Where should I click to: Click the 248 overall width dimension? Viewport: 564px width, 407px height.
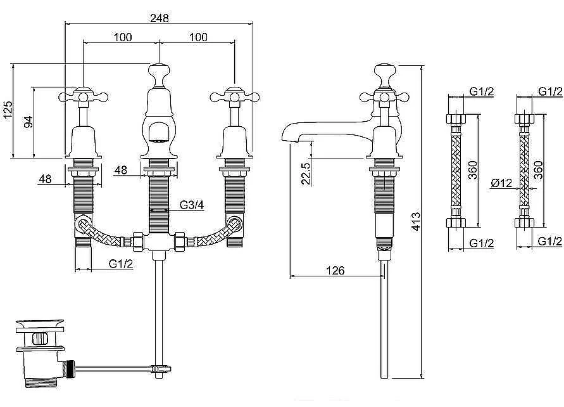point(160,18)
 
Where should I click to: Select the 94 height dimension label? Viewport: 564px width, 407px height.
point(28,122)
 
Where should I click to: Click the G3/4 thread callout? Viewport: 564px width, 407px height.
point(192,205)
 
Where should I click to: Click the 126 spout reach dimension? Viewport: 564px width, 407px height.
point(335,270)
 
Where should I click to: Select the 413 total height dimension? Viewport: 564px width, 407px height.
point(415,221)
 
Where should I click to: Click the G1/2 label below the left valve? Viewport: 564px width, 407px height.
point(121,264)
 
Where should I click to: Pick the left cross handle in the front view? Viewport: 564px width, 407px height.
point(83,96)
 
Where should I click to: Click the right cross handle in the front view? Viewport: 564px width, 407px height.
point(234,96)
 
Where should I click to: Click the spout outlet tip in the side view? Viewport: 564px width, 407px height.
point(285,138)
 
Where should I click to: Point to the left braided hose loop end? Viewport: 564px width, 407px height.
point(84,226)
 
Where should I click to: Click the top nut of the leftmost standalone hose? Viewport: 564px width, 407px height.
point(456,119)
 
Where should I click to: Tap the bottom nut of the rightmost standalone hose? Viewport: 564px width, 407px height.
point(524,223)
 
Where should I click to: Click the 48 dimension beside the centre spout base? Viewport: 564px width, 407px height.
point(122,170)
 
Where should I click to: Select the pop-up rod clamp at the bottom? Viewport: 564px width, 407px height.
point(160,369)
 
